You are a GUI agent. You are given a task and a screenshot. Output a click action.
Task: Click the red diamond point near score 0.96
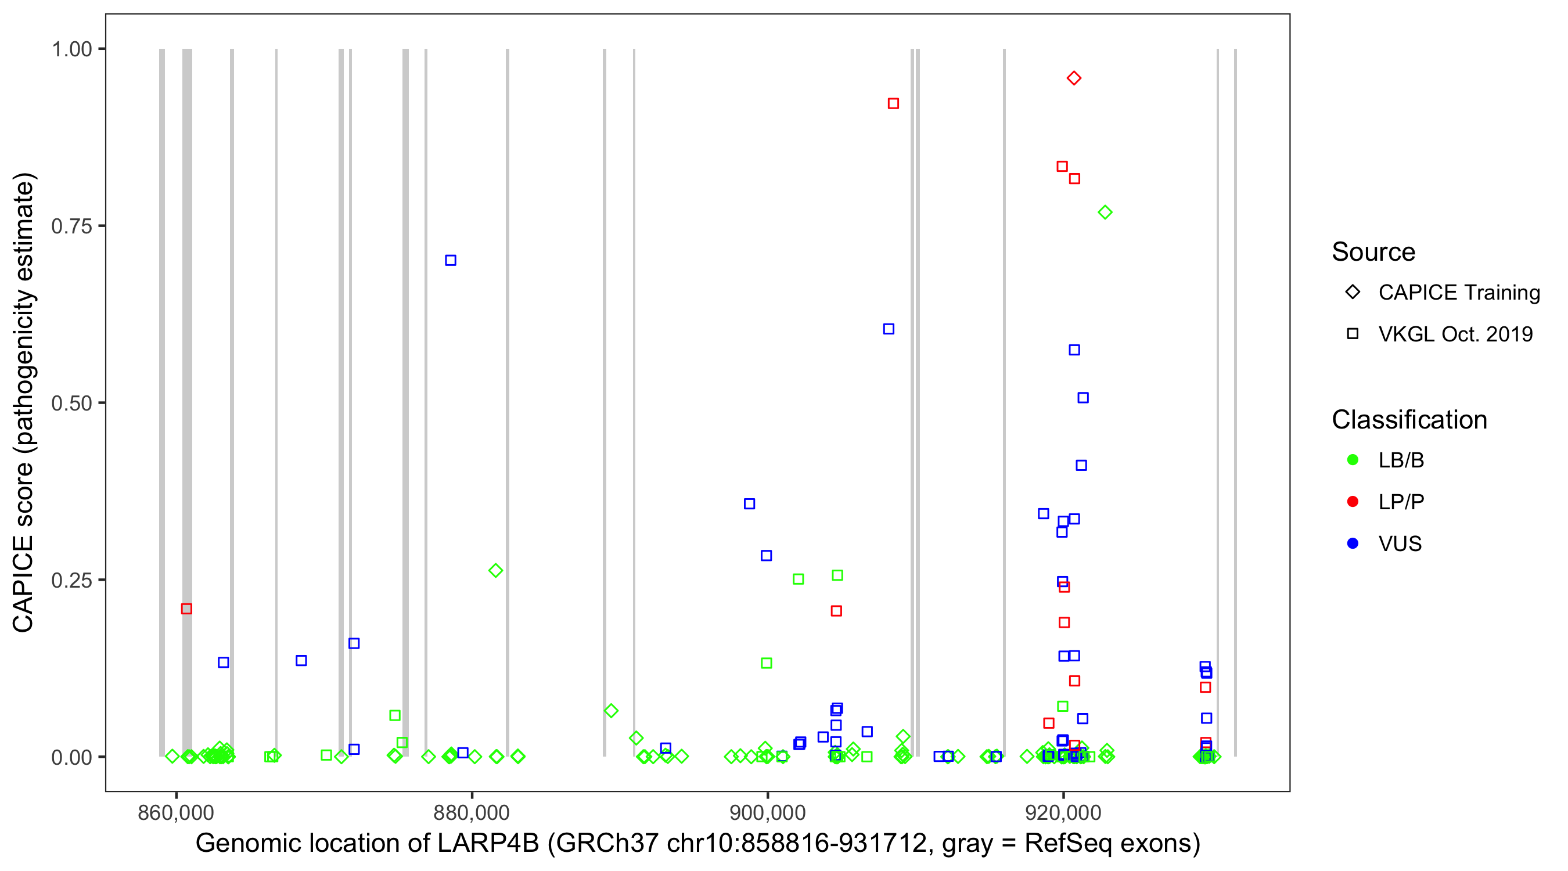point(1074,78)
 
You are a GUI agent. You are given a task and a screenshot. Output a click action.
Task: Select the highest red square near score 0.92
point(893,103)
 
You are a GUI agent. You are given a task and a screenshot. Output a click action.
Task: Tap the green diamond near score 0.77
point(1105,212)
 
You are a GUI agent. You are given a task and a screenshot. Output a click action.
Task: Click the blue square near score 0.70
point(451,260)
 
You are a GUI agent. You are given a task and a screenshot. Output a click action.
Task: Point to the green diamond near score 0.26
point(495,570)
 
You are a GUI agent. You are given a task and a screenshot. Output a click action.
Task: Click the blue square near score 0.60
point(889,329)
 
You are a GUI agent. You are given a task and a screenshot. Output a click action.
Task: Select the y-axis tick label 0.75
point(71,226)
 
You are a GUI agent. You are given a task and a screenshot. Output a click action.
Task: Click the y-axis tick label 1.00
point(71,49)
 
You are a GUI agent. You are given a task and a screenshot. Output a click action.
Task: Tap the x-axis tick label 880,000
point(472,812)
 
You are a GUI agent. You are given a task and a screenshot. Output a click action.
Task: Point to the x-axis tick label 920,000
point(1063,812)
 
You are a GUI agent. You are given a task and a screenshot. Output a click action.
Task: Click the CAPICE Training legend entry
point(1458,292)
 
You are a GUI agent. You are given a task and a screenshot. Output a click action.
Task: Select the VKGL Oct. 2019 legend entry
point(1455,333)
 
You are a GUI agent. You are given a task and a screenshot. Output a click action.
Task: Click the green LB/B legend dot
point(1353,459)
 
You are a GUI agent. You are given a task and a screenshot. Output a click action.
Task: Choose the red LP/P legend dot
point(1353,502)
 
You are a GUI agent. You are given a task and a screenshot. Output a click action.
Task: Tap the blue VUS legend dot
point(1353,543)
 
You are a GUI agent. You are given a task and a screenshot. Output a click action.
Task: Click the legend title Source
point(1373,251)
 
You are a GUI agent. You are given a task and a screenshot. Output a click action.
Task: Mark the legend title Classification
point(1409,419)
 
